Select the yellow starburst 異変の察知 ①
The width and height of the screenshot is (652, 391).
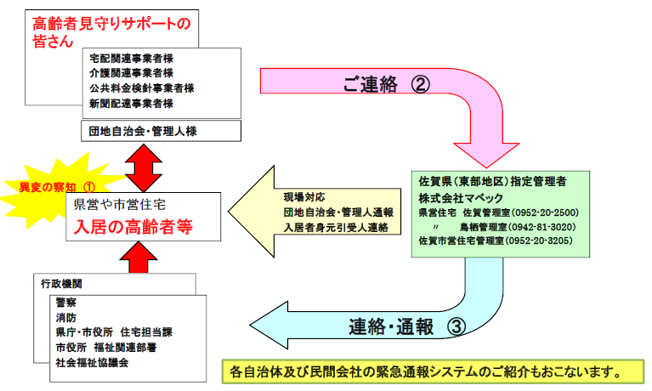tap(53, 184)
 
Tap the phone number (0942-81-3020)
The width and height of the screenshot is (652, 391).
tap(542, 228)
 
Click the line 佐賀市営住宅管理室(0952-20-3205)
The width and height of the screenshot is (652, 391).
tap(496, 241)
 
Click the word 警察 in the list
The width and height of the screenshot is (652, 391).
tap(68, 300)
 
